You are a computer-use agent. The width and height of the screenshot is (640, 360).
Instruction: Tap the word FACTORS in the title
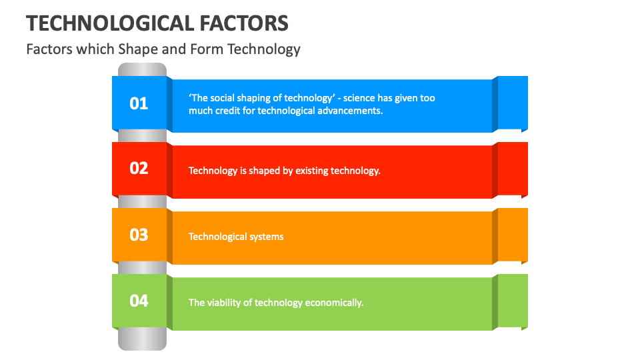pos(244,23)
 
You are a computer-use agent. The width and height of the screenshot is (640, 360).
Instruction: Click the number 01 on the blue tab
pos(139,103)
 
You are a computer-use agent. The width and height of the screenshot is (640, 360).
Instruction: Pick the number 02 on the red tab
pos(139,168)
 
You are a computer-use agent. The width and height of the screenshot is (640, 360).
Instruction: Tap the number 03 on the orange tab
pos(139,235)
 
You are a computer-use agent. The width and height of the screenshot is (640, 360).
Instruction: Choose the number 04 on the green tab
pos(139,301)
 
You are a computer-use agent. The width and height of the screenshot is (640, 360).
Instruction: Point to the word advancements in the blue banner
pos(350,111)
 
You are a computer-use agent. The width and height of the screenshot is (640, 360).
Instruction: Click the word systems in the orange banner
pos(265,237)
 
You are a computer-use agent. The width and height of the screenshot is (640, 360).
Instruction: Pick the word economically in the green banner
pos(334,303)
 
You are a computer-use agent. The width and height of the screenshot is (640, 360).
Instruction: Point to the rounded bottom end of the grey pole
pos(142,343)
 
